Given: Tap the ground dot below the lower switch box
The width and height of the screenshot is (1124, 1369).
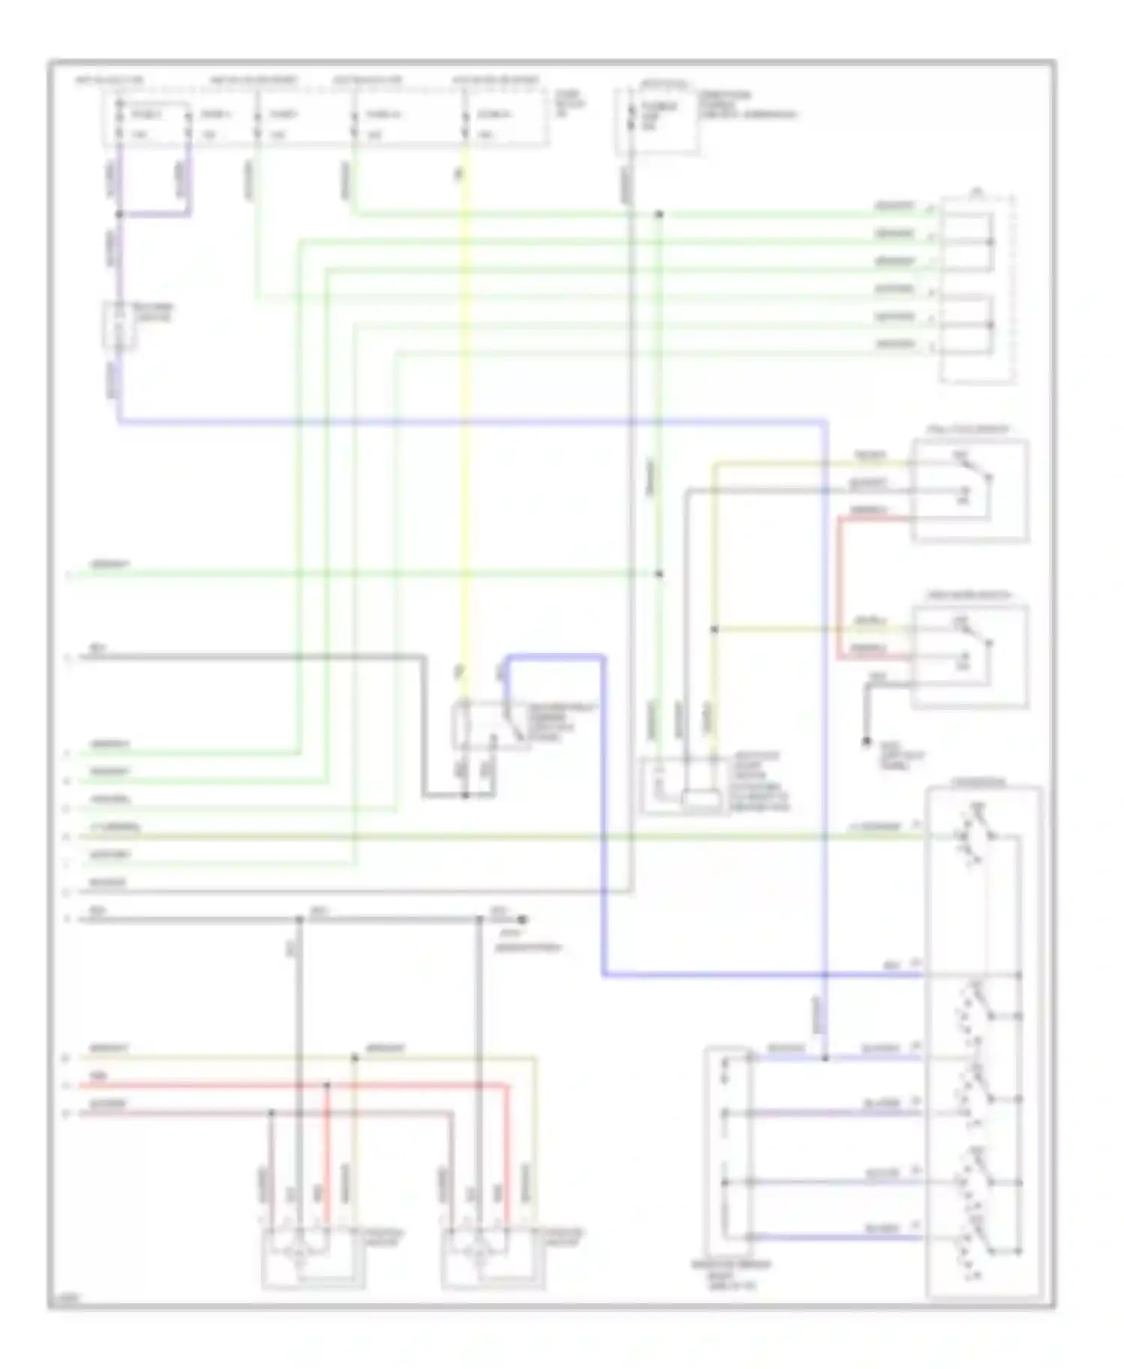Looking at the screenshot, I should tap(865, 741).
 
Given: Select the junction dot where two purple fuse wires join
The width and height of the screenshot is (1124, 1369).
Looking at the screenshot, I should tap(119, 215).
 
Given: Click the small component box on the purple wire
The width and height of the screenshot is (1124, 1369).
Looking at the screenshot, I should tap(119, 326).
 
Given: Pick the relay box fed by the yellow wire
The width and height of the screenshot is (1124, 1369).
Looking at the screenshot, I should tap(489, 725).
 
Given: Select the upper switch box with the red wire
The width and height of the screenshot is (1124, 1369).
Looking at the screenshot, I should tap(970, 491).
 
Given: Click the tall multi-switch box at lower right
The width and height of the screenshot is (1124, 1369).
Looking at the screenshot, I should tap(983, 1041).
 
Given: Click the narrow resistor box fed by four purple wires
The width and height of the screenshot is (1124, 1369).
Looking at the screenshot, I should tap(726, 1153).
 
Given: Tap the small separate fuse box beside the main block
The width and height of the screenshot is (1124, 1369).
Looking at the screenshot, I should tap(658, 122).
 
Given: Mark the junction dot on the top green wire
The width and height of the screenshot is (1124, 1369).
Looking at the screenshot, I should tap(659, 215).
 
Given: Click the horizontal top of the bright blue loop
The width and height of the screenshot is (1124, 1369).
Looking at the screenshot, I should tap(555, 657).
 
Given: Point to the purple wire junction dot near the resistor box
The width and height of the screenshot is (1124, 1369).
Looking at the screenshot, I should tap(824, 1058).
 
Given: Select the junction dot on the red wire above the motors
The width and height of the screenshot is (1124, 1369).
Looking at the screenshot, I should tap(327, 1085).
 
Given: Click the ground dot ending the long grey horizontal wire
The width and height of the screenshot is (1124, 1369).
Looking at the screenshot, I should tap(523, 919).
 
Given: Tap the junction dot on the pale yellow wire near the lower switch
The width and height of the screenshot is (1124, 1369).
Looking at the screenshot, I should tap(714, 630).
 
